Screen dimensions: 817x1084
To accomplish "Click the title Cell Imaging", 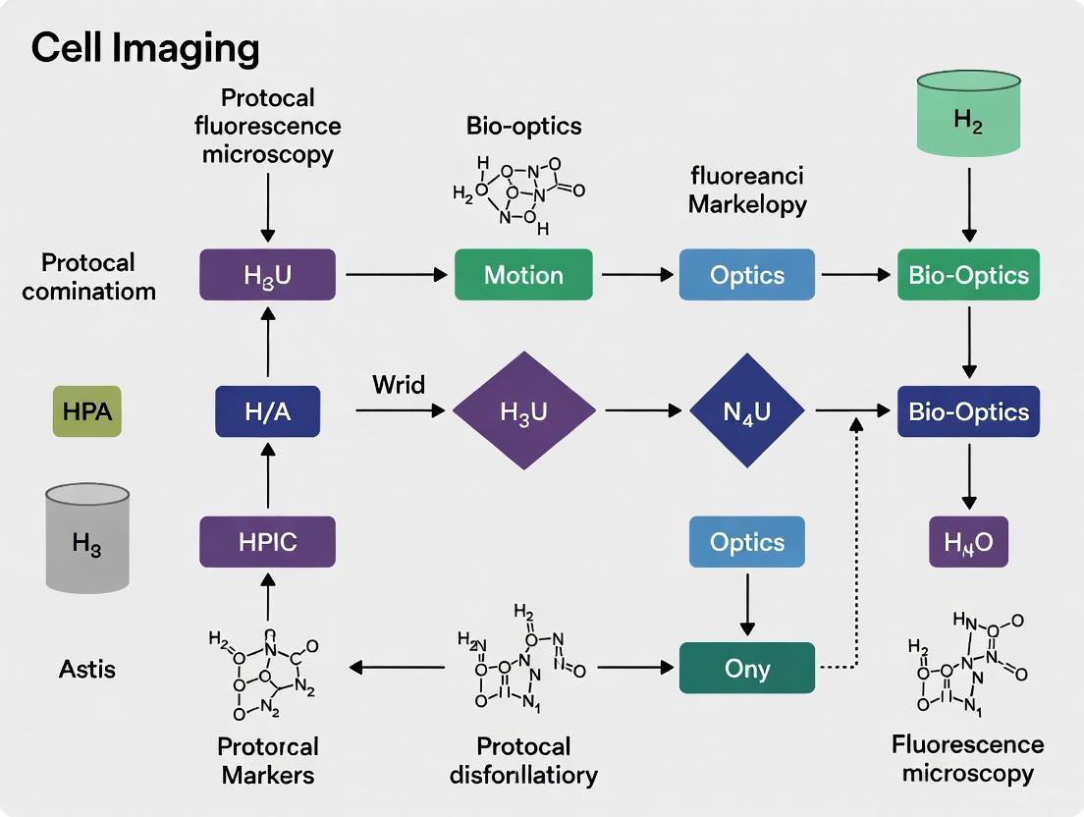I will coord(145,47).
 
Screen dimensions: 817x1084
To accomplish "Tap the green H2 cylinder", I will coord(968,120).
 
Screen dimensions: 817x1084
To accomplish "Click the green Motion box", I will coord(523,274).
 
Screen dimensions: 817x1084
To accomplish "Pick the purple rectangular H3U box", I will coord(267,274).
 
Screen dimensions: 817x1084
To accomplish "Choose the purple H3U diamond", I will coord(523,411).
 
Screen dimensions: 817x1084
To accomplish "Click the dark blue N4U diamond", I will coord(746,411).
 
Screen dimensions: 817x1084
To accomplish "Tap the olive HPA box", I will coord(87,411).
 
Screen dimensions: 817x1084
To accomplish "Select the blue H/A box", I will coord(267,411).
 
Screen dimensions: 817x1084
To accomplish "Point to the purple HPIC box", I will coord(267,542).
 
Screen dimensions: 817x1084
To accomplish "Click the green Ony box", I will coord(746,668).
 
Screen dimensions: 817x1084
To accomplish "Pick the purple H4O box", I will coord(968,542).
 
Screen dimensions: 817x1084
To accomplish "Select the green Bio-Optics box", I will coord(968,274).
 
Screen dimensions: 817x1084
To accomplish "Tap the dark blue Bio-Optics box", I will coord(968,411).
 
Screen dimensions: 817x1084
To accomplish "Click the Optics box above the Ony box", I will coord(746,542).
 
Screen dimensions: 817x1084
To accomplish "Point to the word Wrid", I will coord(399,384).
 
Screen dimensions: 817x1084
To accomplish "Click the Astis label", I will coord(86,670).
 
